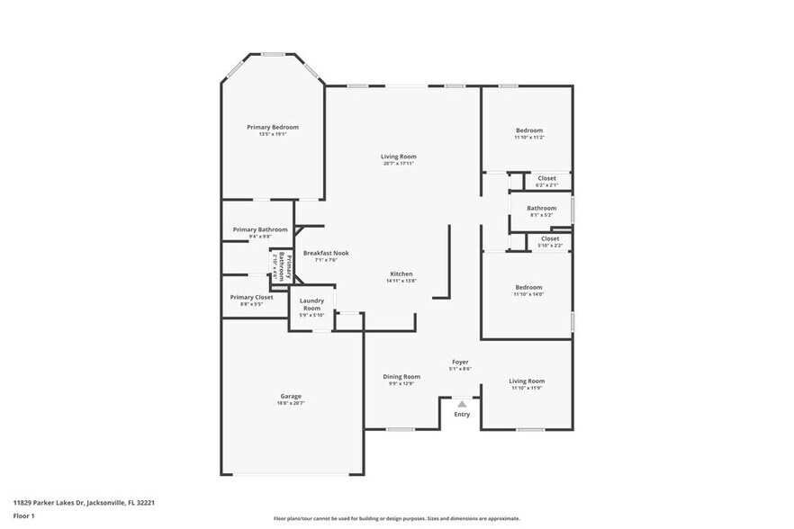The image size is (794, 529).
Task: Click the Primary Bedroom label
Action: pyautogui.click(x=273, y=128)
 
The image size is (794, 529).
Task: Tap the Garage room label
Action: pyautogui.click(x=290, y=396)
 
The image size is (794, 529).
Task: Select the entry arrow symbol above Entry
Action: pyautogui.click(x=462, y=405)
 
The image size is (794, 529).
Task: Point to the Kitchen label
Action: pyautogui.click(x=401, y=273)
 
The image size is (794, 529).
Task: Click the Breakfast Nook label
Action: pyautogui.click(x=326, y=253)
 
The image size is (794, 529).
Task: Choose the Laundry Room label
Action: pyautogui.click(x=311, y=304)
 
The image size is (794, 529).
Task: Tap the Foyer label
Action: pyautogui.click(x=460, y=362)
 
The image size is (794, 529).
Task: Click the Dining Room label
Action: pyautogui.click(x=402, y=377)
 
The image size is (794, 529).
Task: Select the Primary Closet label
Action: pyautogui.click(x=251, y=297)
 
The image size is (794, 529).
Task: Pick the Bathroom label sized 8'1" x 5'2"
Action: pyautogui.click(x=542, y=208)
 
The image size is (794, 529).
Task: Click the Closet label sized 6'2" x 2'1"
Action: pyautogui.click(x=547, y=178)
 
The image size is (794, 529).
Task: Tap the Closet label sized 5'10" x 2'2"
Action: pyautogui.click(x=550, y=238)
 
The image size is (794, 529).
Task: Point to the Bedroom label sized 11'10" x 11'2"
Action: pyautogui.click(x=528, y=130)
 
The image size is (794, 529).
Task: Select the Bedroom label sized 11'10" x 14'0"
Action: pyautogui.click(x=528, y=288)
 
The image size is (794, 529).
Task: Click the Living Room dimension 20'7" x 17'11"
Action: pyautogui.click(x=399, y=164)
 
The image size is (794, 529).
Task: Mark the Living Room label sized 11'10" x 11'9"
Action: pyautogui.click(x=527, y=381)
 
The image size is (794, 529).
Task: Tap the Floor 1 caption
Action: pyautogui.click(x=23, y=516)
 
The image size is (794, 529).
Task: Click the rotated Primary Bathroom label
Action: pyautogui.click(x=279, y=267)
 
